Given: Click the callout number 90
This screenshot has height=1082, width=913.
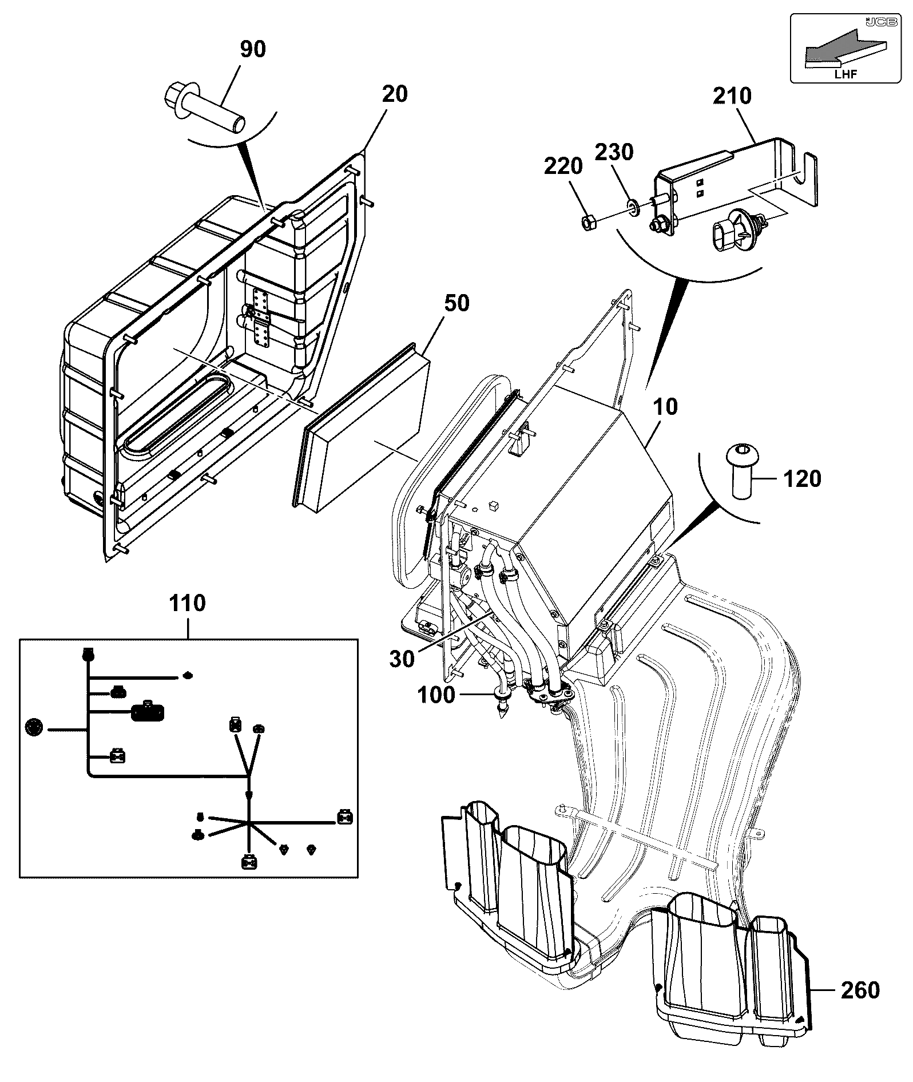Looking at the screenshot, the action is tap(253, 49).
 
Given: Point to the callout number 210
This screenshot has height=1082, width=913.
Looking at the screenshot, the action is tap(732, 96).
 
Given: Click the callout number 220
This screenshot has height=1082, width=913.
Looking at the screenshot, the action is tap(563, 167).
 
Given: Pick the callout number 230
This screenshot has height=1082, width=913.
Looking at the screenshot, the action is tap(614, 153).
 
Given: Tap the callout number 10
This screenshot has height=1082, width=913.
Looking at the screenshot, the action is tap(665, 406).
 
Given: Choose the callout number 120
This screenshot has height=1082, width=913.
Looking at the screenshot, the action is tap(801, 478).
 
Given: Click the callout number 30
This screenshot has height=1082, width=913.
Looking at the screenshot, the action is tap(402, 659).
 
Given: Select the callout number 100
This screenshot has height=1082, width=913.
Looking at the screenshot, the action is tap(436, 695).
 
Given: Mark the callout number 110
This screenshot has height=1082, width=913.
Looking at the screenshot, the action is tap(187, 603).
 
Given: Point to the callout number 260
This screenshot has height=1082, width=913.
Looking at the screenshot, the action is tap(860, 989).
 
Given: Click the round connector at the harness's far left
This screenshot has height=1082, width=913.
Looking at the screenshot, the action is tap(34, 728).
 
